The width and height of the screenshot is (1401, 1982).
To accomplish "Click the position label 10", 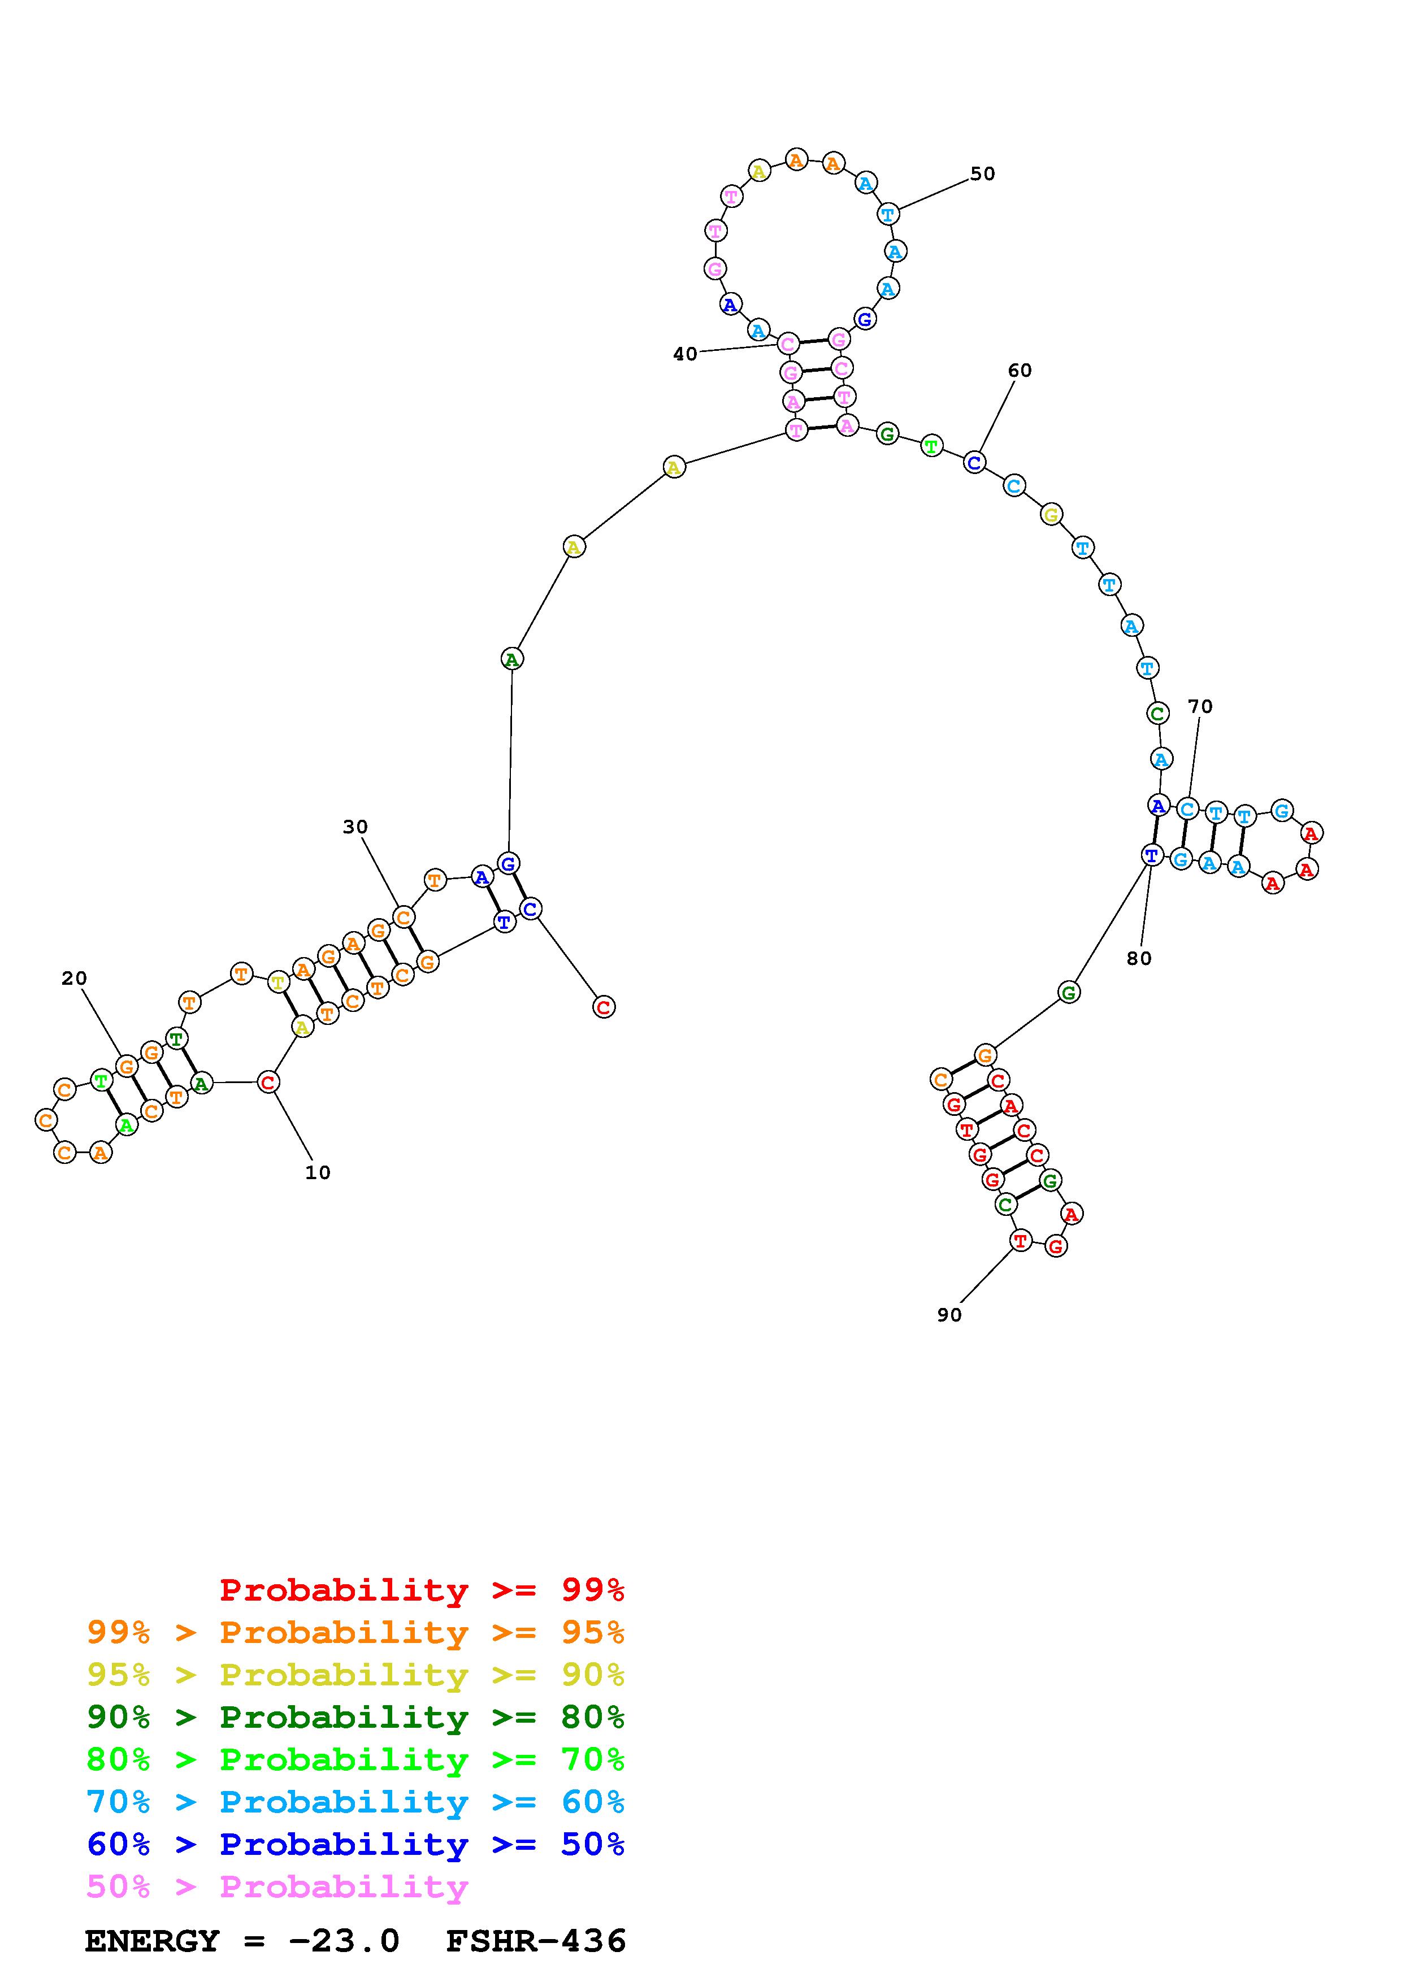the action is point(318,1172).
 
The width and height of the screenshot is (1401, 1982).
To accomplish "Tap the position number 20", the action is point(74,978).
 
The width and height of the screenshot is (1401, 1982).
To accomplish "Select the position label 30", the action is point(355,827).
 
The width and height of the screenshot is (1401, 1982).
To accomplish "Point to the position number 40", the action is point(686,354).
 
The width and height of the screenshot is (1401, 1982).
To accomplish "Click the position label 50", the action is point(982,173).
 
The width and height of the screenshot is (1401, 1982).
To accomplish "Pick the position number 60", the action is point(1020,370).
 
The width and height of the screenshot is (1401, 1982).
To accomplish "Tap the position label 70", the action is point(1200,706).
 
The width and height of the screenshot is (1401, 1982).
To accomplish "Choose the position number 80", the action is point(1139,958).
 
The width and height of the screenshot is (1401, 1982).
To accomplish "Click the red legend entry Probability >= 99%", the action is point(422,1590).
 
